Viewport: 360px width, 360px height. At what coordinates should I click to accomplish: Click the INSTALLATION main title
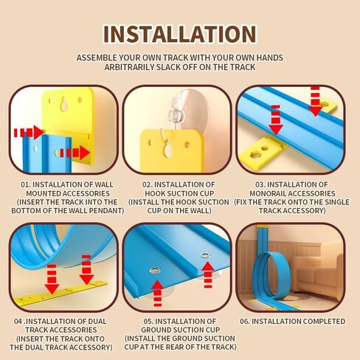click(180, 34)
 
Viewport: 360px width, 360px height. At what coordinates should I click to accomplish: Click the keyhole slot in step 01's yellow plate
click(65, 103)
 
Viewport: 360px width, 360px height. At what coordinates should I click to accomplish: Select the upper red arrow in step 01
click(29, 132)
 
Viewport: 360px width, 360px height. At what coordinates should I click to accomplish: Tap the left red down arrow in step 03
click(276, 120)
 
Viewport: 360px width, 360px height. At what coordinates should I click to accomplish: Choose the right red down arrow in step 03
click(315, 101)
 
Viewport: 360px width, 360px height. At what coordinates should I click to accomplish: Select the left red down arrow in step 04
click(52, 279)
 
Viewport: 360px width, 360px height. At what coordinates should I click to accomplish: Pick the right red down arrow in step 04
click(86, 270)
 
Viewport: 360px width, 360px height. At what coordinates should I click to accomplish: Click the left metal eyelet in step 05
click(155, 271)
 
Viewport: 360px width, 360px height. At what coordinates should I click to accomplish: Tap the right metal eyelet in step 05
click(206, 255)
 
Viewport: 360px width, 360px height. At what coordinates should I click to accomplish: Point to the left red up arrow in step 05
click(158, 293)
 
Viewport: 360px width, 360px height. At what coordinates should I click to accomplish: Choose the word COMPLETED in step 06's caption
click(324, 322)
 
